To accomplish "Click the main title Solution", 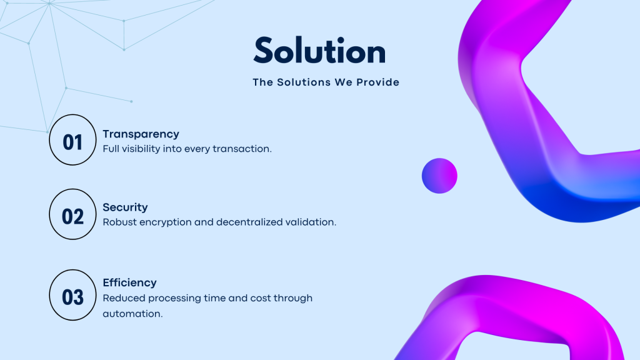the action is coord(319,51).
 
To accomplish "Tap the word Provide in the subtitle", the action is coord(377,82).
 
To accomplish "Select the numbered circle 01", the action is coord(72,139).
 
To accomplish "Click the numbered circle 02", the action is coord(72,214).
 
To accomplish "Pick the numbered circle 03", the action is coord(72,295).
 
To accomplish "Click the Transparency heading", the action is coord(141,134).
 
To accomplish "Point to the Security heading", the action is coord(125,207).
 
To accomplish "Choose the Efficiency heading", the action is coord(129,282).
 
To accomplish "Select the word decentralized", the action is coord(249,222).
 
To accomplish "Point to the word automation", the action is coord(132,314).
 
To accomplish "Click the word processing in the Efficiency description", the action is coord(175,298).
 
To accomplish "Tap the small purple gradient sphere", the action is coord(439,176).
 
